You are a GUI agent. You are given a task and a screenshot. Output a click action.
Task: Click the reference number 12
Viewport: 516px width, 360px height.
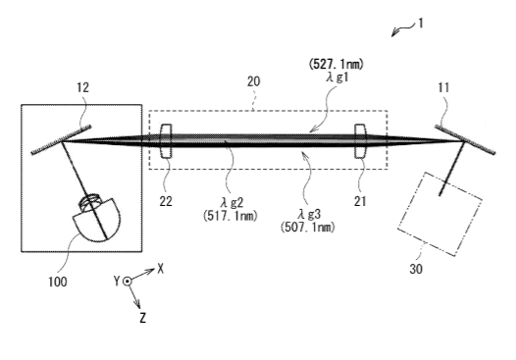pyautogui.click(x=83, y=87)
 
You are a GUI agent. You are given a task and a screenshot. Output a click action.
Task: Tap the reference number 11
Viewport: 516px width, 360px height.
pyautogui.click(x=443, y=87)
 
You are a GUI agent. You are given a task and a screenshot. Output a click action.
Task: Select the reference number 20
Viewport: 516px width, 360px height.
pyautogui.click(x=253, y=81)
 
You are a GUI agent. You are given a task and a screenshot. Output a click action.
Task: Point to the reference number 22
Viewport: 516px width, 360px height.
pyautogui.click(x=166, y=201)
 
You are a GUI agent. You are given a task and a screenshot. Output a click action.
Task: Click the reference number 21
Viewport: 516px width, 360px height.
pyautogui.click(x=360, y=201)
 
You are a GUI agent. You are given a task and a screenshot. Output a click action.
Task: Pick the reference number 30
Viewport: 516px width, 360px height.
pyautogui.click(x=416, y=269)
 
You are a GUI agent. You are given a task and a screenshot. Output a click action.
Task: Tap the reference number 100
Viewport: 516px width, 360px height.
pyautogui.click(x=58, y=282)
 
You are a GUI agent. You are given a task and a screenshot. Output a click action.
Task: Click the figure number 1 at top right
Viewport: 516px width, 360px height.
pyautogui.click(x=420, y=24)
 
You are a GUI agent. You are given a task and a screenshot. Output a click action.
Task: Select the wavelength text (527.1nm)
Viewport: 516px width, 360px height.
pyautogui.click(x=336, y=64)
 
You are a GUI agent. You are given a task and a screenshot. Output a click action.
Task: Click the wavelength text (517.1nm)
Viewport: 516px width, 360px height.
pyautogui.click(x=231, y=216)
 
